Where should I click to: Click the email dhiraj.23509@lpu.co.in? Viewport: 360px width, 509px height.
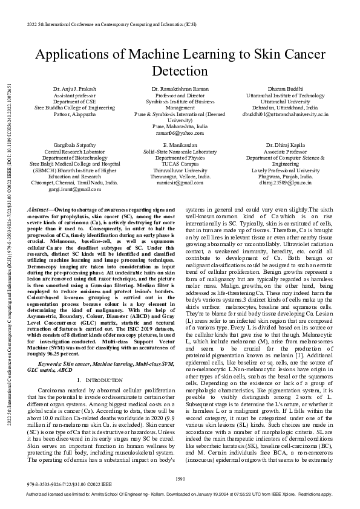(x=283, y=181)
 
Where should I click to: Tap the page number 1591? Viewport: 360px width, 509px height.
(x=180, y=479)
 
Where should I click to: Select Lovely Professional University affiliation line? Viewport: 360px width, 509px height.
(x=283, y=170)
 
